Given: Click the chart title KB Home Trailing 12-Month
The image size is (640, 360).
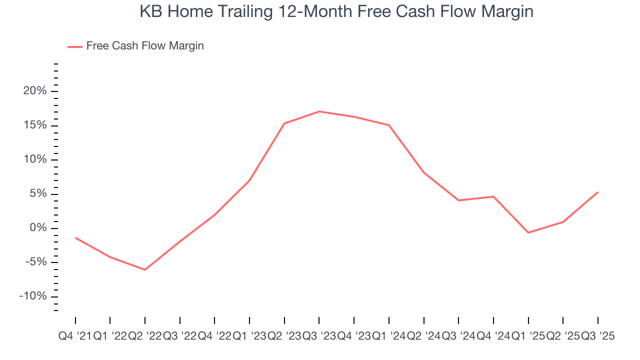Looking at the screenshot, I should [336, 12].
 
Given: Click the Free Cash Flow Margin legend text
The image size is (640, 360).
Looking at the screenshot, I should [144, 46].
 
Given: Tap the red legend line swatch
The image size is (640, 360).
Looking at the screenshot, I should [75, 46].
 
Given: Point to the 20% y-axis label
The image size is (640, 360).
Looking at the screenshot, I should [34, 91].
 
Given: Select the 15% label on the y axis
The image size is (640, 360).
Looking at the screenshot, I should [34, 125].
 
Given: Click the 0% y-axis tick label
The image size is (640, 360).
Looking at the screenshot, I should [37, 228].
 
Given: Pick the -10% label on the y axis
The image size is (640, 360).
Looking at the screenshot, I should [32, 296].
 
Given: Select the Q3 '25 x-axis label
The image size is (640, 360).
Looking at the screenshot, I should [597, 336].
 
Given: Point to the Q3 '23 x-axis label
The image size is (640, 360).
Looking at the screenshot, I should [319, 336].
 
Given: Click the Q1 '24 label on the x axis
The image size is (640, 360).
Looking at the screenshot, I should [388, 336].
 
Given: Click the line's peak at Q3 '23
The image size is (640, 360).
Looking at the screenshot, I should [319, 111].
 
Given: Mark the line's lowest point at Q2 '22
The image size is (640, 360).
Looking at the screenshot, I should [145, 270].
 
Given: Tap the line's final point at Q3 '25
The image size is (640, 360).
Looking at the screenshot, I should [597, 192].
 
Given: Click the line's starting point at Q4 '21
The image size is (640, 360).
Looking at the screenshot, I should [75, 237].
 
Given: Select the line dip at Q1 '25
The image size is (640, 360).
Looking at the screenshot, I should [528, 232].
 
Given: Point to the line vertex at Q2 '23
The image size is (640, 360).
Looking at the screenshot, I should [284, 123].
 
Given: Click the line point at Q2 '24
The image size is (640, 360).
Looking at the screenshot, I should [423, 172].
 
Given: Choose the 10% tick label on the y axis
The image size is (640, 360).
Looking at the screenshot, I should [34, 159].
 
